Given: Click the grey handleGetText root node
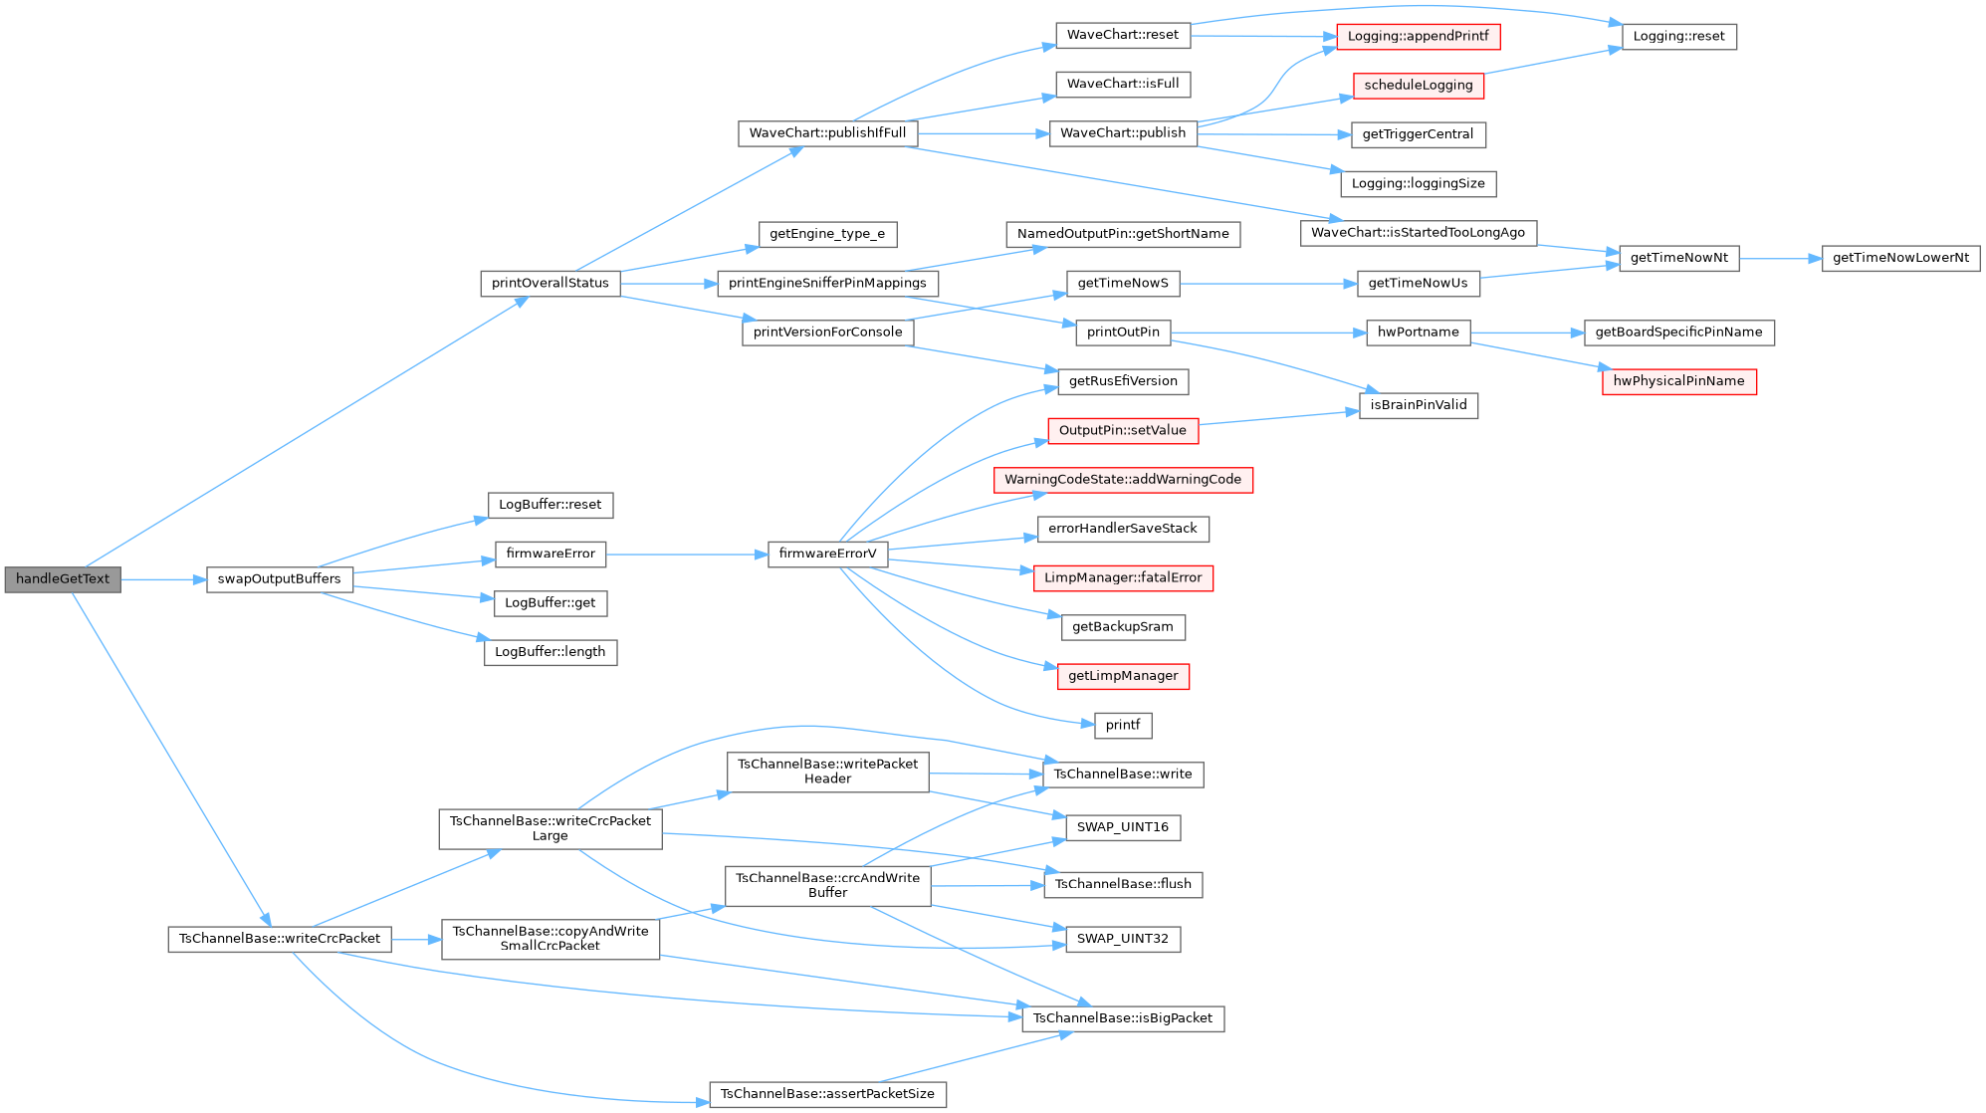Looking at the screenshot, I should point(63,579).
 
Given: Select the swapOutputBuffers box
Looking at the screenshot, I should point(279,579).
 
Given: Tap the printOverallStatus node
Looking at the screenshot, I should point(550,283).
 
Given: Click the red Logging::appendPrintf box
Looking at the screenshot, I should point(1418,37).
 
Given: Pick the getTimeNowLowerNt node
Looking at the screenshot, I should point(1900,258).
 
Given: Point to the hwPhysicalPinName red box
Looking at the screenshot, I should point(1678,381).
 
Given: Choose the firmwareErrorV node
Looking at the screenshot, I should point(827,555).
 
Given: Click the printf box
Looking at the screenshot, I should point(1123,726).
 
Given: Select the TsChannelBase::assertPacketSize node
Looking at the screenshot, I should point(827,1094).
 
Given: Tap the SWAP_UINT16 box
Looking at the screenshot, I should point(1123,827).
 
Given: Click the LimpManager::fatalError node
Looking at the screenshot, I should point(1123,578).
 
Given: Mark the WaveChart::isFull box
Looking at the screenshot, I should point(1123,85).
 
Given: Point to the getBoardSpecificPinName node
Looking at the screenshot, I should point(1678,333).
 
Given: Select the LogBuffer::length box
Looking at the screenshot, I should point(550,652).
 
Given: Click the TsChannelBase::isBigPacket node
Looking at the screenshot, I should point(1123,1018).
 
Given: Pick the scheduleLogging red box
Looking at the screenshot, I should point(1418,86).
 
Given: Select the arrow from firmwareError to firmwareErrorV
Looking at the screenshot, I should point(687,555).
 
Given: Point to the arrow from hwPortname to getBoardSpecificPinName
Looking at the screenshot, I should point(1527,333).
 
